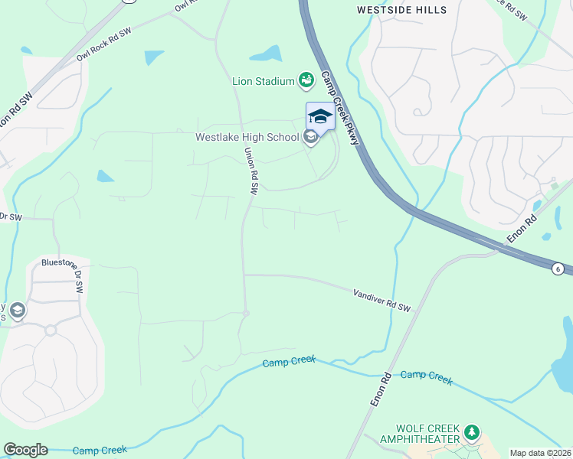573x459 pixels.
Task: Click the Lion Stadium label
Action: tap(264, 81)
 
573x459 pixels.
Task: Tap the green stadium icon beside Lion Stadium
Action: tap(306, 80)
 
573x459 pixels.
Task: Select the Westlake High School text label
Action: tap(247, 138)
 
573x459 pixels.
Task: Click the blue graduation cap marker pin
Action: tap(320, 117)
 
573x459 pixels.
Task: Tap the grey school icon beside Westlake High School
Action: tap(310, 138)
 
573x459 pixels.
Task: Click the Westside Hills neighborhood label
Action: tap(401, 10)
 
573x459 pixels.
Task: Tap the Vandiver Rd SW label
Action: tap(381, 300)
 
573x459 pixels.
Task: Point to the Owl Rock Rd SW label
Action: tap(103, 47)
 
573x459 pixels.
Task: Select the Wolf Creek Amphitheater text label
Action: tap(427, 434)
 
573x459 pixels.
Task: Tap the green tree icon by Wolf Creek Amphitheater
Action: tap(473, 434)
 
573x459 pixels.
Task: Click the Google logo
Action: tap(25, 450)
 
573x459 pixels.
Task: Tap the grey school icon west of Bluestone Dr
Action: tap(18, 311)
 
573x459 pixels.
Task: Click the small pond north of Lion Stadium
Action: tap(266, 54)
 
